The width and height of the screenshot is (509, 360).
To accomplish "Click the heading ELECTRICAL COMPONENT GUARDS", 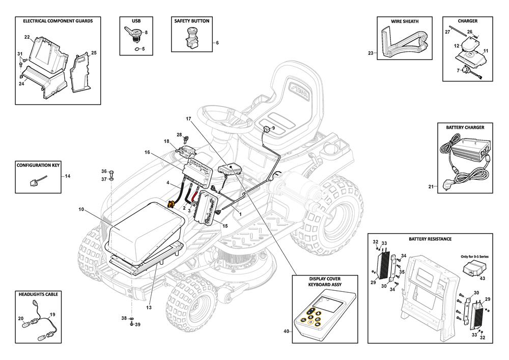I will pos(54,21).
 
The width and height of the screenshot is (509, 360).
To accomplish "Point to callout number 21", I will pos(430,187).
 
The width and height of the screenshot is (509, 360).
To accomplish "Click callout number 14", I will pos(68,176).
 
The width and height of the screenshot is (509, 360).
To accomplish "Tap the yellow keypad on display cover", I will pos(310,318).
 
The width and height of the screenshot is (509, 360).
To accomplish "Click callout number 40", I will pos(287,331).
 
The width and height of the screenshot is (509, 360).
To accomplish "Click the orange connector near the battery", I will pos(172,204).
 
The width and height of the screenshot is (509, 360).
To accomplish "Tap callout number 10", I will pos(81,209).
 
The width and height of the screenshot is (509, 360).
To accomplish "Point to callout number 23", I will pos(370,53).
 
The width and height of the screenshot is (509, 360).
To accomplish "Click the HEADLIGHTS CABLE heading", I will pos(38,294).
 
